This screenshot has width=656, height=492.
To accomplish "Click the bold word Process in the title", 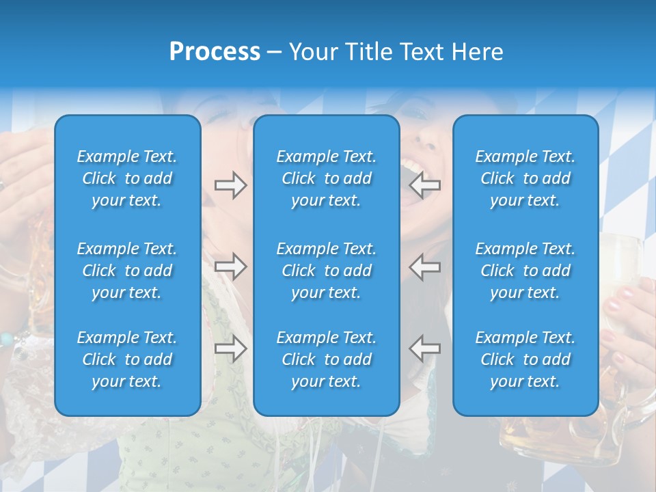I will point(215,52).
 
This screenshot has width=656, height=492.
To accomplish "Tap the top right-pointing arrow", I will point(230,185).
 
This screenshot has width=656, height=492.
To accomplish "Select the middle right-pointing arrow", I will point(230,266).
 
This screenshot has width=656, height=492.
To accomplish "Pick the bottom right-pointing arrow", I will point(230,348).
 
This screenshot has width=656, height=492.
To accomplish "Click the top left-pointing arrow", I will point(424,185).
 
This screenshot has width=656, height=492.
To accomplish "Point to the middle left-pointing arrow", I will point(424,266).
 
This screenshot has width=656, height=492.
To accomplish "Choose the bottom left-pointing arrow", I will point(424,348).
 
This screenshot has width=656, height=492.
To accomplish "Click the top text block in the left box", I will point(127,178).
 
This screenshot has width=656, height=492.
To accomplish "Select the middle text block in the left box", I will point(127,271).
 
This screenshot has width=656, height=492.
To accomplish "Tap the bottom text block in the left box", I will point(127,359).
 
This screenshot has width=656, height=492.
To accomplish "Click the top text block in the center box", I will point(326,178).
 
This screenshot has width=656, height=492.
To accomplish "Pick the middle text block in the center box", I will point(326,271).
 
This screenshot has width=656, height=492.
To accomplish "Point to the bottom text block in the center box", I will point(326,359).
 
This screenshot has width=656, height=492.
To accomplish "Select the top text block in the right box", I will point(525,178).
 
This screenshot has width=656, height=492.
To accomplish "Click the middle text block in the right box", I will point(525,271).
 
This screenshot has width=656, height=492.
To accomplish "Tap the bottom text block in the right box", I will point(525,359).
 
